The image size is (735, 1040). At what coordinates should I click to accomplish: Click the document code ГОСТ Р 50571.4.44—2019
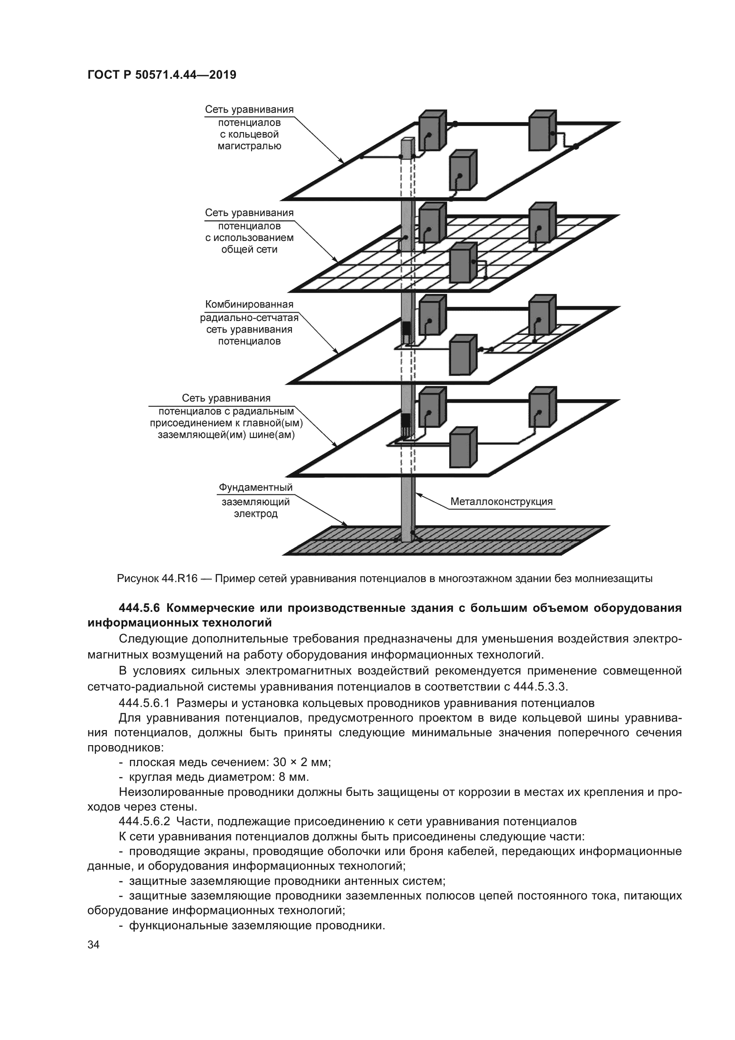pos(162,75)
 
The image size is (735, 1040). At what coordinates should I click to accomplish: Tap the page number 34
pos(93,945)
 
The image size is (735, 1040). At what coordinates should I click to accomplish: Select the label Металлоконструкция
pos(501,502)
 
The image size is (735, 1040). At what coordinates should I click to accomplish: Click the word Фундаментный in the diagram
pos(256,487)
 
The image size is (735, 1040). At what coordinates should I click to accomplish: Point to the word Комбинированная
pos(249,304)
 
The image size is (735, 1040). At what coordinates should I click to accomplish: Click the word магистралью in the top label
pos(249,146)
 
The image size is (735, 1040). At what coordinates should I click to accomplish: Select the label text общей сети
pos(249,249)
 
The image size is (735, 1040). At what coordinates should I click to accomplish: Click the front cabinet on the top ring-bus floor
pos(463,171)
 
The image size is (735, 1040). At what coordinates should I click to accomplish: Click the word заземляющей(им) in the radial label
pos(195,435)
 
